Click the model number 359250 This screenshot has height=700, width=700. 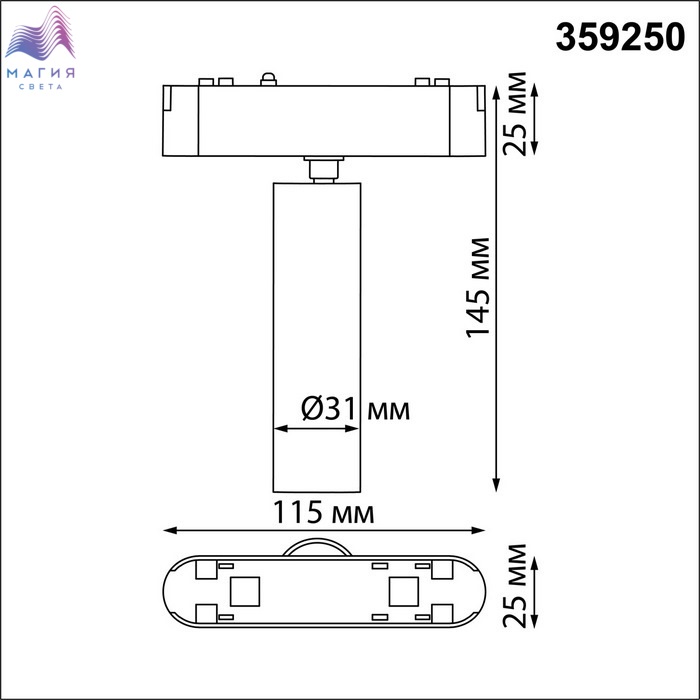click(x=620, y=37)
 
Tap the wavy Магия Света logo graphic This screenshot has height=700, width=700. click(x=40, y=33)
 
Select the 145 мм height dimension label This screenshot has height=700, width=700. click(x=478, y=288)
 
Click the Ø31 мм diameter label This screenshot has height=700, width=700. click(x=355, y=409)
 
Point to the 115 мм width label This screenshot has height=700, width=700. click(x=323, y=512)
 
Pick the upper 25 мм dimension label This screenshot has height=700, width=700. click(x=515, y=113)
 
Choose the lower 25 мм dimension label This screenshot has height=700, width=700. click(x=515, y=586)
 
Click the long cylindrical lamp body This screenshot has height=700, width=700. click(x=317, y=337)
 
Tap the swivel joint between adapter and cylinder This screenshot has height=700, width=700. click(x=324, y=169)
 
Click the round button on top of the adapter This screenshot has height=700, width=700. click(x=268, y=79)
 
